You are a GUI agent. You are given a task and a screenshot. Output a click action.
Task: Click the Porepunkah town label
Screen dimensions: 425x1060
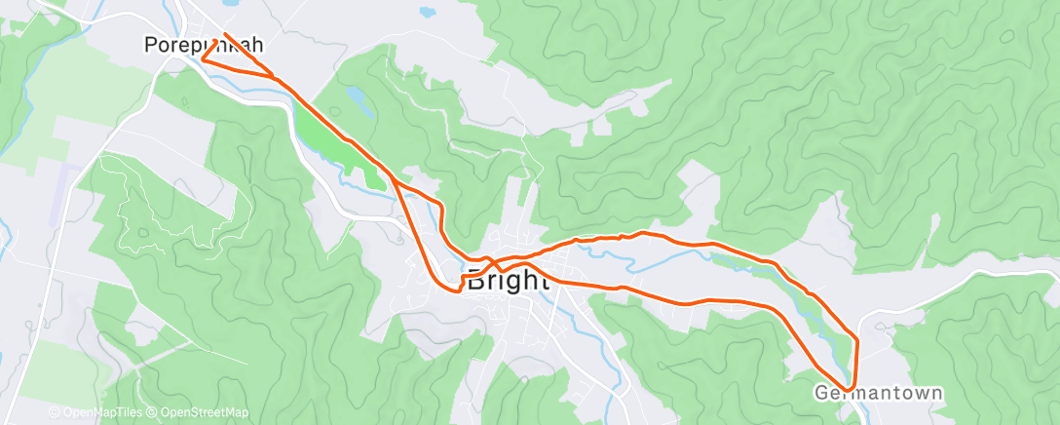coord(204,45)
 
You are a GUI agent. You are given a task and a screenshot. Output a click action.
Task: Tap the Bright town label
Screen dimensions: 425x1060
coord(509,281)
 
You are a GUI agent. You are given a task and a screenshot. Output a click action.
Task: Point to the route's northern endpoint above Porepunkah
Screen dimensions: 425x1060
coord(226,35)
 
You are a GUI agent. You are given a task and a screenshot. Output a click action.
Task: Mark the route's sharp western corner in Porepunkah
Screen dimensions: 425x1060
coord(203,58)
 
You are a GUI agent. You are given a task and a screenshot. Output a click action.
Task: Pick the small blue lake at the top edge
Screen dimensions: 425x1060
coord(426,13)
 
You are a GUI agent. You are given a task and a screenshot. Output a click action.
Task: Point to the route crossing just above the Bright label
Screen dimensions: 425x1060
coord(493,263)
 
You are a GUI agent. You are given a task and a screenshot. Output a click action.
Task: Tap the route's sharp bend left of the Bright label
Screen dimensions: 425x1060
coord(456,290)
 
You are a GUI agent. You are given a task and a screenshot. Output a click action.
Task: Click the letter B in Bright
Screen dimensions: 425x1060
coord(476,281)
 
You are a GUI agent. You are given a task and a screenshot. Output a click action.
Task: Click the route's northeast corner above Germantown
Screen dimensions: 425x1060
coord(856,338)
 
